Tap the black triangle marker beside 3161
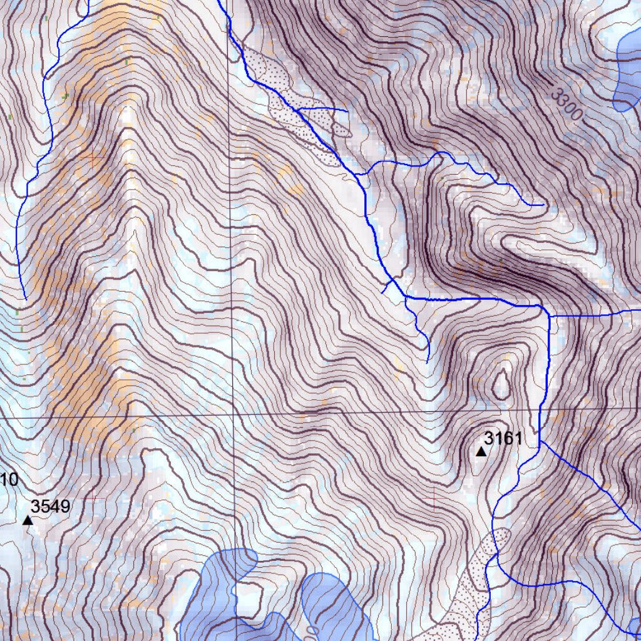[x=481, y=451]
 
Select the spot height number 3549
[x=51, y=506]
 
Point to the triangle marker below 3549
[x=28, y=520]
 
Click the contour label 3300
[x=567, y=104]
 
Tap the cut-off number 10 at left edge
[x=9, y=480]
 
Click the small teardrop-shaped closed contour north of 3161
[x=501, y=383]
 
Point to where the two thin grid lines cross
[x=233, y=415]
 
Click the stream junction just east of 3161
[x=540, y=442]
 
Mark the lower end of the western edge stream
[x=24, y=299]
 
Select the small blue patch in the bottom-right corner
[x=635, y=626]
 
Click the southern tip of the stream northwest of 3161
[x=428, y=361]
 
